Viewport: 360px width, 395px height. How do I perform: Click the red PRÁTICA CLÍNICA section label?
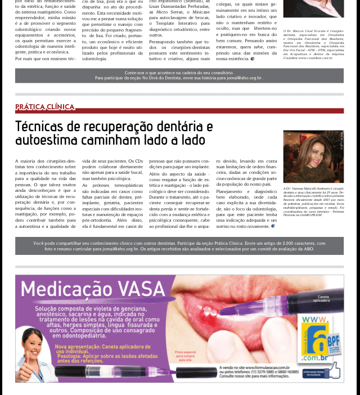coord(45,107)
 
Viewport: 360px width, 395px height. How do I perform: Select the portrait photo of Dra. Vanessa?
coord(313,157)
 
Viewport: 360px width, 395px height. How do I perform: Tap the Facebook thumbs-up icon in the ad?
coord(332,370)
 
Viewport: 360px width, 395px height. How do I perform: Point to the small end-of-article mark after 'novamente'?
coord(273,226)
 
